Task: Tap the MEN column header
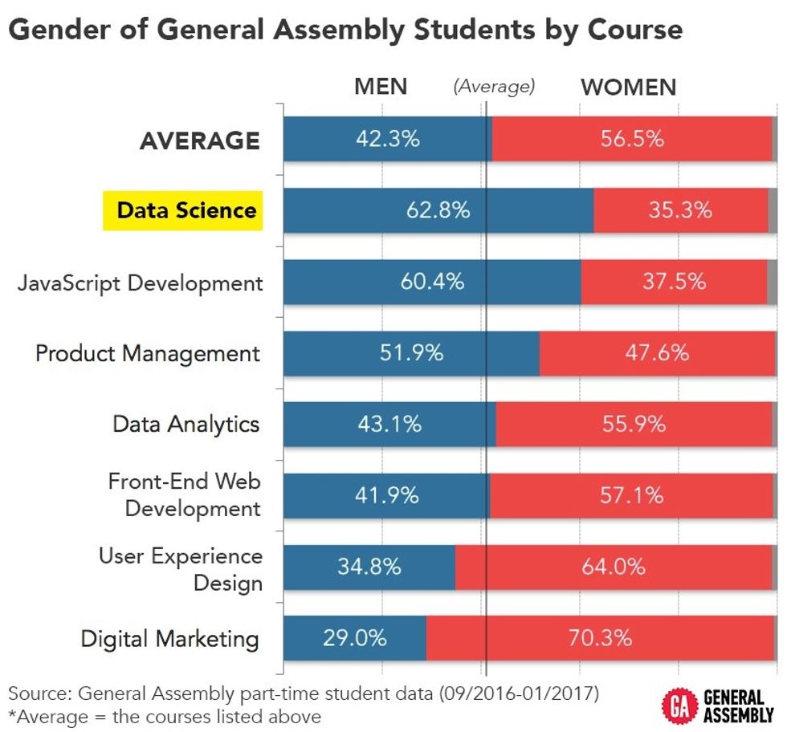pos(381,87)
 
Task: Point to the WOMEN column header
pos(629,87)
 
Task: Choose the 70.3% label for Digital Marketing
pos(600,638)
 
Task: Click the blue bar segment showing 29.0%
pos(355,638)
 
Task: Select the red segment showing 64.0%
pos(614,567)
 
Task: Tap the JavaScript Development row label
pos(140,283)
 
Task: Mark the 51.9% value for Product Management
pos(411,352)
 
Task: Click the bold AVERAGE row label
pos(199,140)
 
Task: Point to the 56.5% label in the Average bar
pos(632,139)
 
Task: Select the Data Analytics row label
pos(186,424)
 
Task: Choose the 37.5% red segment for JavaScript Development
pos(674,282)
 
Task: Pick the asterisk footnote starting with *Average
pos(165,715)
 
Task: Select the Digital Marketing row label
pos(169,639)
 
